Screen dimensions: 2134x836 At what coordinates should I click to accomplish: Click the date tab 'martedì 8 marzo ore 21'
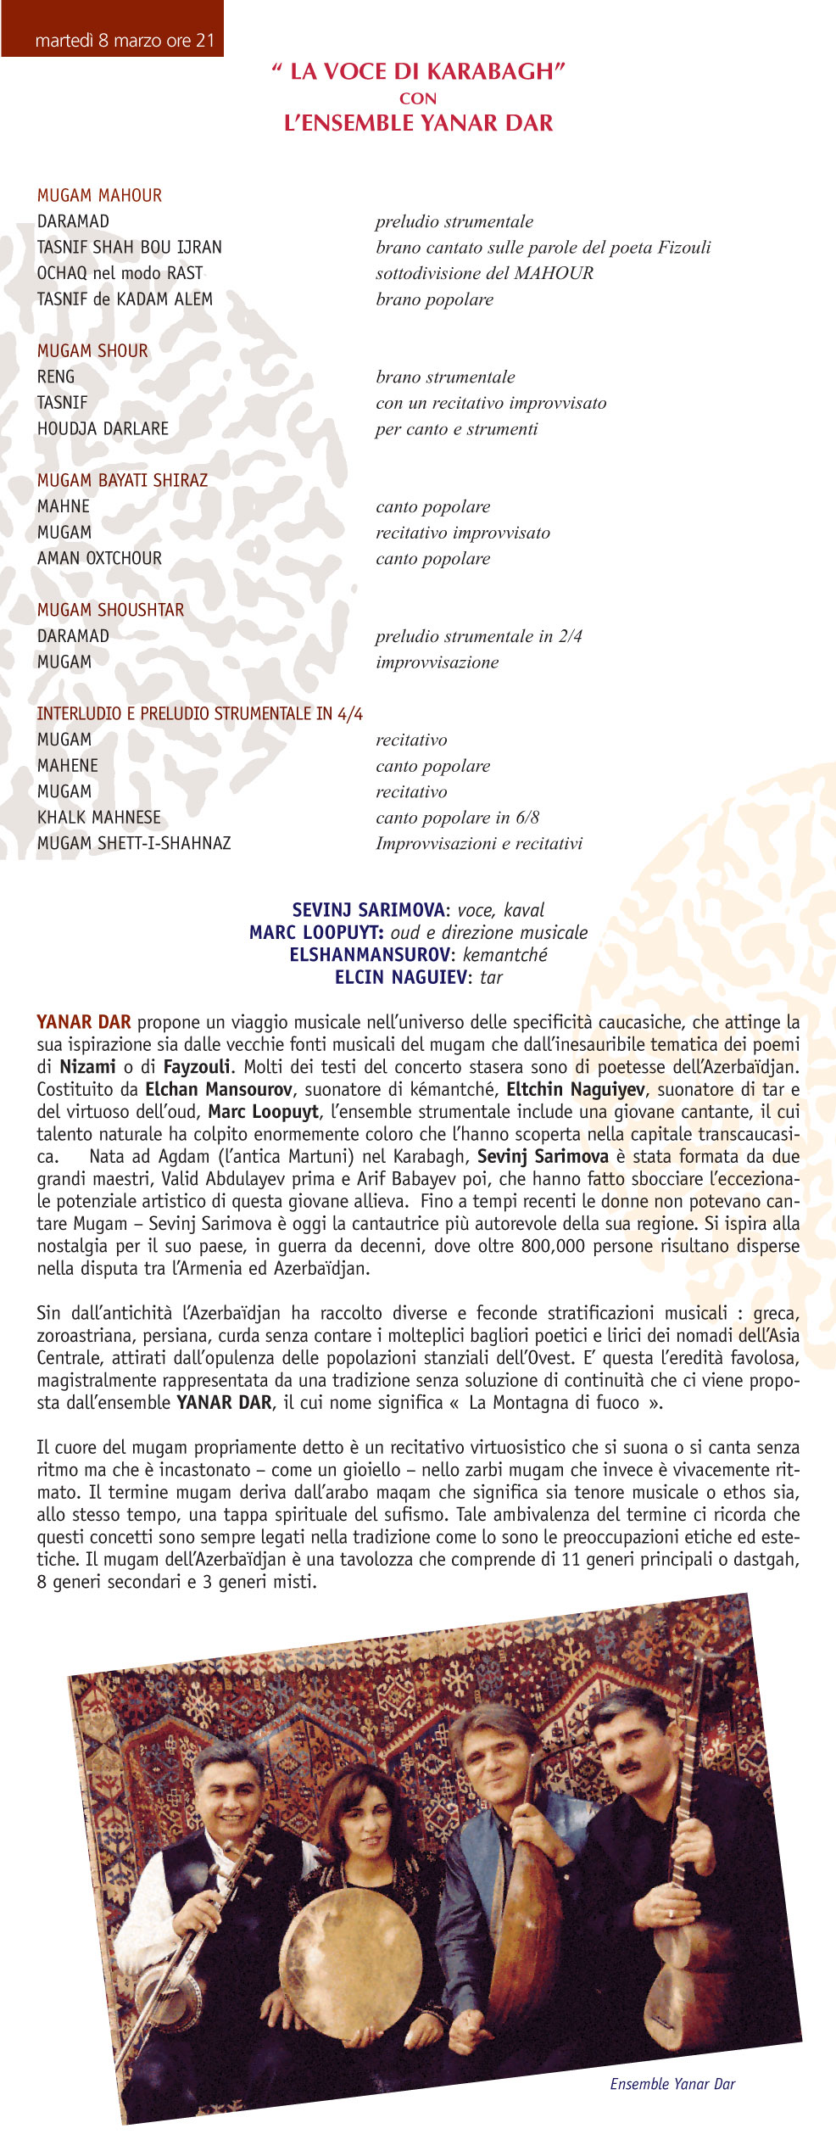pos(125,40)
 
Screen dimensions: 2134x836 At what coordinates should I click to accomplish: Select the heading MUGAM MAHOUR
pos(99,196)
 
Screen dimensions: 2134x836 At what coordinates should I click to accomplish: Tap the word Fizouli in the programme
pos(683,248)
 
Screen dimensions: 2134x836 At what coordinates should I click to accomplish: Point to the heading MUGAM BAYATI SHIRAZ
pos(122,481)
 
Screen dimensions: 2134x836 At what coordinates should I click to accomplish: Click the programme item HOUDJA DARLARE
pos(103,429)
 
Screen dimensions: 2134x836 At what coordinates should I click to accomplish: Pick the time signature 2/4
pos(570,636)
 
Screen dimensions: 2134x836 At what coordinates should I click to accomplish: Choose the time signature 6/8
pos(527,818)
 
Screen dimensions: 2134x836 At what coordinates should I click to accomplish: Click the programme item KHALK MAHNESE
pos(98,818)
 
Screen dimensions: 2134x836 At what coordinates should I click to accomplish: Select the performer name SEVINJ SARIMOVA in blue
pos(368,910)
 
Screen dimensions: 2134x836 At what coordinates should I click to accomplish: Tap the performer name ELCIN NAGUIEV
pos(400,977)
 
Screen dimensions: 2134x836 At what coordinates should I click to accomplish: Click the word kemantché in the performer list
pos(505,955)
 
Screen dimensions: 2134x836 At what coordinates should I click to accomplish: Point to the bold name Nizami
pos(87,1067)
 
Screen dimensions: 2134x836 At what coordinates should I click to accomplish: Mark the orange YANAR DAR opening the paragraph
pos(83,1022)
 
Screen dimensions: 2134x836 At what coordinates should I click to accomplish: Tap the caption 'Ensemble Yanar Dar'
pos(672,2084)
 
